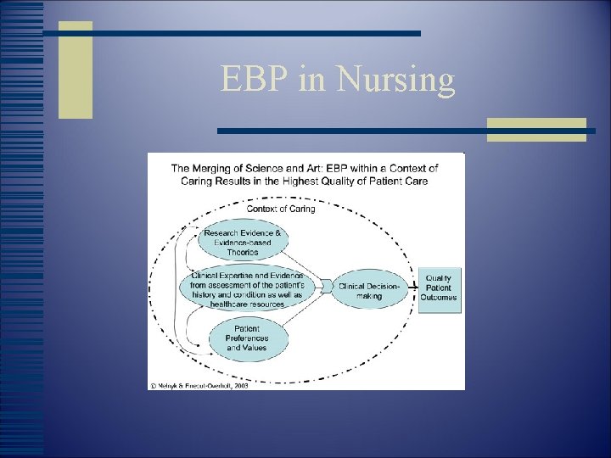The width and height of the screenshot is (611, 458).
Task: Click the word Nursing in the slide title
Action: click(395, 81)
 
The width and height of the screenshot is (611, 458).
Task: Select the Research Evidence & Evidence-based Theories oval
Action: click(243, 243)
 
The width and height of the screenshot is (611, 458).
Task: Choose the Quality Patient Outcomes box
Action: click(439, 288)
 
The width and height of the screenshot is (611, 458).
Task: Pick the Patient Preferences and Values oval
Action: click(246, 337)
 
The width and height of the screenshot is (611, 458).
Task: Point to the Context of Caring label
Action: click(280, 209)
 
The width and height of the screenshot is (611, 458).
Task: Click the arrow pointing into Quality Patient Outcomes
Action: click(413, 288)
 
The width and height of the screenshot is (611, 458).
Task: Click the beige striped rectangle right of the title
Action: click(536, 129)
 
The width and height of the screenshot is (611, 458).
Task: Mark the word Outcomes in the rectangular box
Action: click(439, 298)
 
